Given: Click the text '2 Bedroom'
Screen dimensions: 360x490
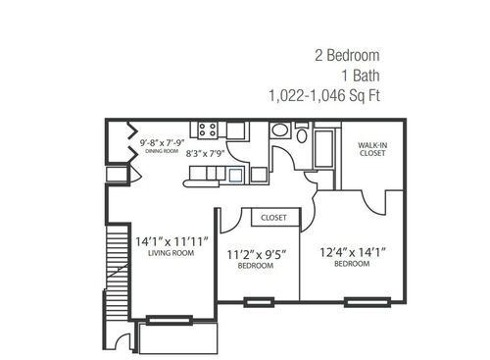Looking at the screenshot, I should pos(346,55).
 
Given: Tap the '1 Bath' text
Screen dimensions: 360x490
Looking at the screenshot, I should pos(359,76).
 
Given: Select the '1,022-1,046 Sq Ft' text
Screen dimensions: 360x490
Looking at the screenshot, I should pos(323,96).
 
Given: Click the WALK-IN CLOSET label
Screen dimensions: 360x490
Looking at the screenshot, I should pos(372,148).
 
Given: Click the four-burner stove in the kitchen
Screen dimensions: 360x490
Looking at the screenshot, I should pos(207,129).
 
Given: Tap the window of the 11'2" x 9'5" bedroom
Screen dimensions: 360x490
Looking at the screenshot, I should pos(259,301).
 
